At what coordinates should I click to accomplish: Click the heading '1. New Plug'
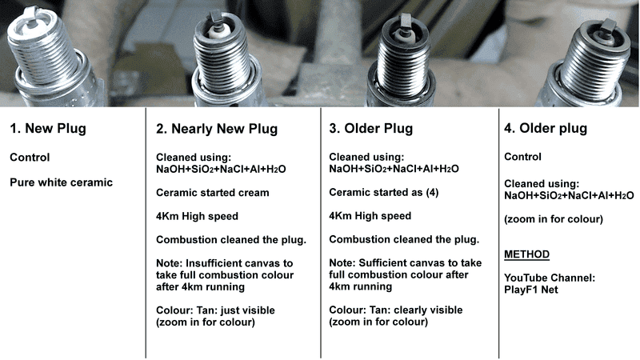click(48, 129)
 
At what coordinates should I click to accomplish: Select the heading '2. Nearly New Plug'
click(217, 129)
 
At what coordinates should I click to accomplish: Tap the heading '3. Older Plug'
click(371, 129)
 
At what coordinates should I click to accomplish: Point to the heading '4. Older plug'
click(546, 129)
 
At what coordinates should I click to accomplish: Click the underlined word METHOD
click(526, 254)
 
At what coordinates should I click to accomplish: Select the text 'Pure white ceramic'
click(62, 182)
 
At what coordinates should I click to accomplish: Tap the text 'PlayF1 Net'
click(531, 290)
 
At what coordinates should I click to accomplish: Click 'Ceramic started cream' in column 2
click(213, 193)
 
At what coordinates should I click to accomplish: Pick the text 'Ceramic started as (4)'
click(384, 192)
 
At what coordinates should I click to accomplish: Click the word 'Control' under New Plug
click(30, 158)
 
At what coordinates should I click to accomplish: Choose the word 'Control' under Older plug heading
click(523, 157)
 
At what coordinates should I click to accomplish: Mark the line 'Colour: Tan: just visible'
click(215, 310)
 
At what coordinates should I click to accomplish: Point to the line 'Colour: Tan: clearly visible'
click(396, 310)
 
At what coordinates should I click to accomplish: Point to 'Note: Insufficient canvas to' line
click(225, 263)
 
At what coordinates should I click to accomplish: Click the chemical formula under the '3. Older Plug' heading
click(394, 169)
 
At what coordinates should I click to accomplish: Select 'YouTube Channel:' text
click(550, 278)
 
